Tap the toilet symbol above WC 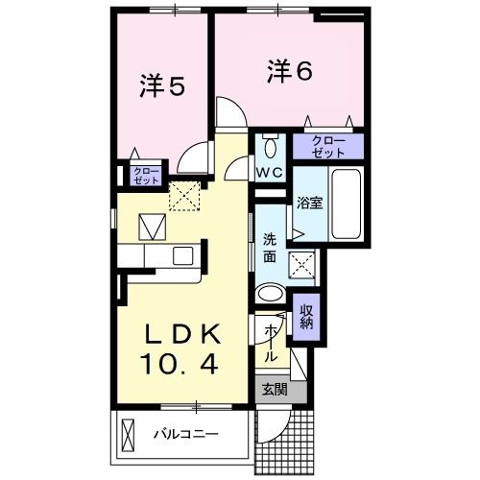pos(269,147)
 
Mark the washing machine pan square pos(305,263)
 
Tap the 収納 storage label pos(306,316)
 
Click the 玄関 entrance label pos(273,389)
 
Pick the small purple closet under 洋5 pos(146,175)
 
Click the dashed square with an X pos(183,196)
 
